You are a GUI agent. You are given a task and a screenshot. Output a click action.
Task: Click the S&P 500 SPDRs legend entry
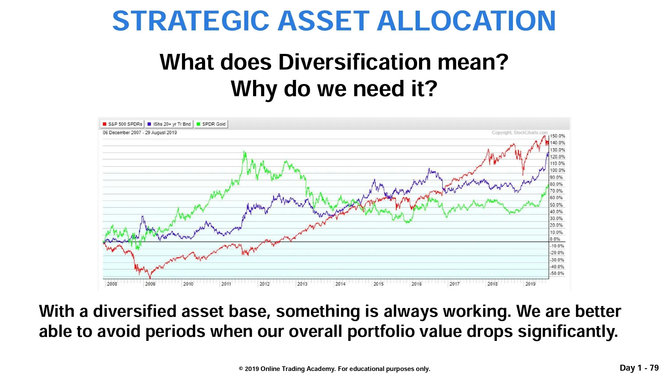pos(122,124)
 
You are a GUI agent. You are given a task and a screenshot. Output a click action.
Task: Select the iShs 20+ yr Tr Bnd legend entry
pos(169,124)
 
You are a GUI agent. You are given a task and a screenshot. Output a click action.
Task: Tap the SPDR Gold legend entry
pos(211,124)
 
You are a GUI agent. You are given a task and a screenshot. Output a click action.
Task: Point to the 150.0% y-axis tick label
pos(557,136)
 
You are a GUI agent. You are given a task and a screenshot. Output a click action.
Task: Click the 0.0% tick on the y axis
pos(555,239)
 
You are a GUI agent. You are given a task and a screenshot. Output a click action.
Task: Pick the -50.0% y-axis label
pos(557,273)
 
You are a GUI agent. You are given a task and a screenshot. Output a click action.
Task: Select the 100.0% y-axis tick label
pos(557,170)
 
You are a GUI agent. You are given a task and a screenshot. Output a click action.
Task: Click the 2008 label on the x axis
pos(112,284)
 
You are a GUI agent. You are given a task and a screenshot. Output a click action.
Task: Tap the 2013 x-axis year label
pos(302,284)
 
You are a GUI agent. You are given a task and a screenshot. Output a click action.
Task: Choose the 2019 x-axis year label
pos(530,284)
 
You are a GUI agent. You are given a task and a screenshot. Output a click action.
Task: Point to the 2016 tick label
pos(416,284)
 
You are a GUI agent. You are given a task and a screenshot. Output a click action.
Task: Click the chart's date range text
pos(140,133)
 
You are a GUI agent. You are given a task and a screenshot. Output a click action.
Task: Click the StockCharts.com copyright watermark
pos(520,133)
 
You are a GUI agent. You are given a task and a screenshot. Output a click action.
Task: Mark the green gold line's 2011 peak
pos(244,151)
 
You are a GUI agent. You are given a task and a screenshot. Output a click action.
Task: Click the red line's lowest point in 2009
pos(150,278)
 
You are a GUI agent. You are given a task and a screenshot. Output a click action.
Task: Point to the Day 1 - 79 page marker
pos(639,368)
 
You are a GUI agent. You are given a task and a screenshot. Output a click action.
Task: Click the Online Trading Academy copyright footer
pos(334,369)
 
